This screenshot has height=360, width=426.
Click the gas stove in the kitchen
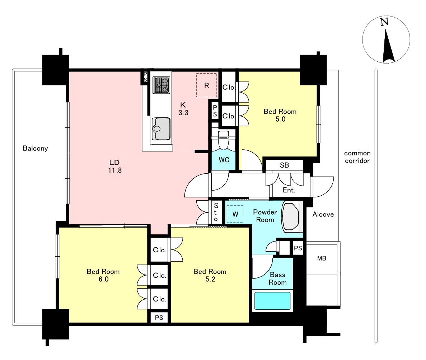[161, 85]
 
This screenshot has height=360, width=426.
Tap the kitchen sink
[161, 129]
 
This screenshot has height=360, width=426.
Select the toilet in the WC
[224, 140]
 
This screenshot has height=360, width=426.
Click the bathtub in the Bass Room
[272, 301]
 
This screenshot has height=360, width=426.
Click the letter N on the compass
[384, 22]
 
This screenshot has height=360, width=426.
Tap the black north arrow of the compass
[388, 46]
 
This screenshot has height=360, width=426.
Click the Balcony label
[35, 148]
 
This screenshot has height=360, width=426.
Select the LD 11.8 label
[114, 166]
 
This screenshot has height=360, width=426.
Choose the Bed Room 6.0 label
[103, 275]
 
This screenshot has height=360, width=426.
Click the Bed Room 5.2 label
[210, 275]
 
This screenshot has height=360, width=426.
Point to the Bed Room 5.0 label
[280, 115]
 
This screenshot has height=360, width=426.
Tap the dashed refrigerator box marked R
[207, 85]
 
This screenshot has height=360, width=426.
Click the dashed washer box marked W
[235, 214]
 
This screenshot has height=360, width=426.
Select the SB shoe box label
[285, 165]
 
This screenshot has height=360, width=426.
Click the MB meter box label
[322, 258]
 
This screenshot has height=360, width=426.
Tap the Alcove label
[323, 214]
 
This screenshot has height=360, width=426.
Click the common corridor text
[357, 157]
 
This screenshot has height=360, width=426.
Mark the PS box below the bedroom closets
[159, 317]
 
